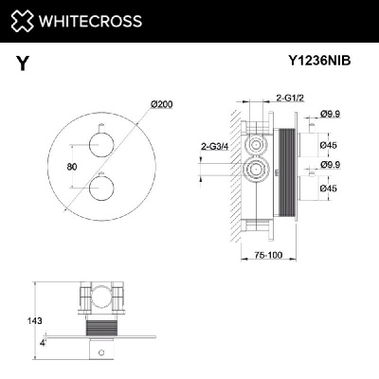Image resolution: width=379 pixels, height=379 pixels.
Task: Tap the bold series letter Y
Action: click(x=21, y=63)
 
